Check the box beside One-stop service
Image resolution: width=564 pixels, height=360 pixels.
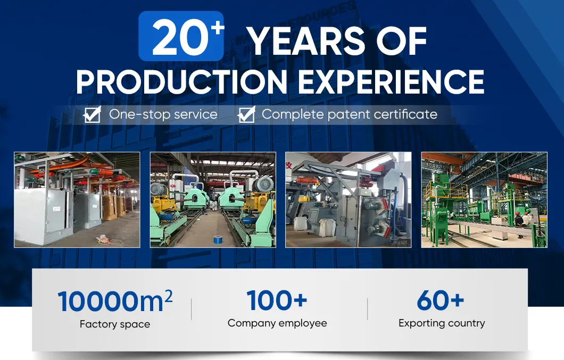93,114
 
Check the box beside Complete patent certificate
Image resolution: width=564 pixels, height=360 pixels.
246,114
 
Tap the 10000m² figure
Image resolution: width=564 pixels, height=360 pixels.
115,301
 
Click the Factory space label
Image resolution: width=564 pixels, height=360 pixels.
115,324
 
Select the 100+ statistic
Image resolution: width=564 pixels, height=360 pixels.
277,300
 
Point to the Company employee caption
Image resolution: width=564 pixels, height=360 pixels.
277,323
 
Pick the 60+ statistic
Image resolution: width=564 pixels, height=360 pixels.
441,301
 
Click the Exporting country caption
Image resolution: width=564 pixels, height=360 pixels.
442,323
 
